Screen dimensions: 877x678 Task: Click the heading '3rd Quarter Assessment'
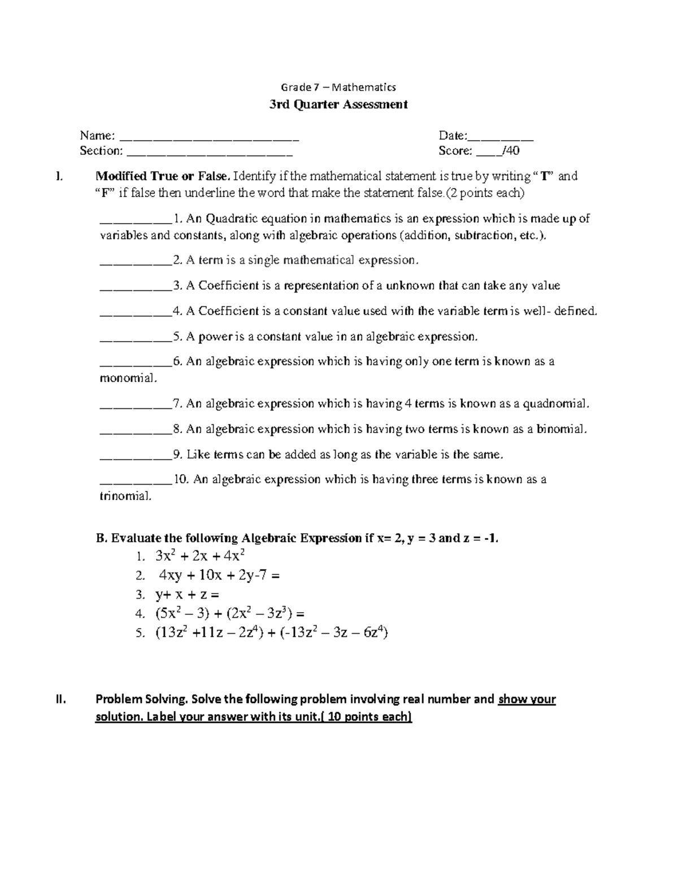click(x=338, y=104)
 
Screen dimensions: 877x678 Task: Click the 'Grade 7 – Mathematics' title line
click(x=338, y=87)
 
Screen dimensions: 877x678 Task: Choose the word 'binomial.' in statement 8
click(x=562, y=429)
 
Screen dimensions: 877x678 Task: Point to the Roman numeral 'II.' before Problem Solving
click(x=60, y=700)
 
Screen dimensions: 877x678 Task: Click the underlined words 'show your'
click(x=527, y=700)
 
